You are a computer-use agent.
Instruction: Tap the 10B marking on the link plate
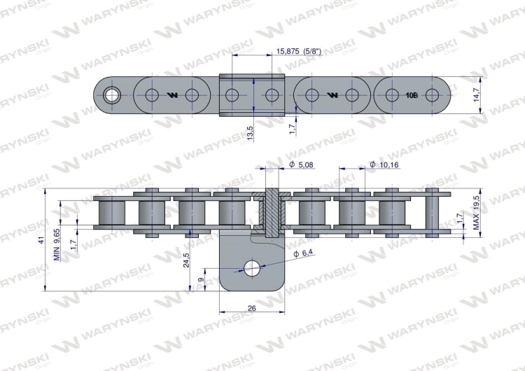[412, 94]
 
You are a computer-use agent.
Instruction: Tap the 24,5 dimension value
[187, 260]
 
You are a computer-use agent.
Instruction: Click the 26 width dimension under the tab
[252, 307]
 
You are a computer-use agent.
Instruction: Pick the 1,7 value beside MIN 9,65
[75, 244]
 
